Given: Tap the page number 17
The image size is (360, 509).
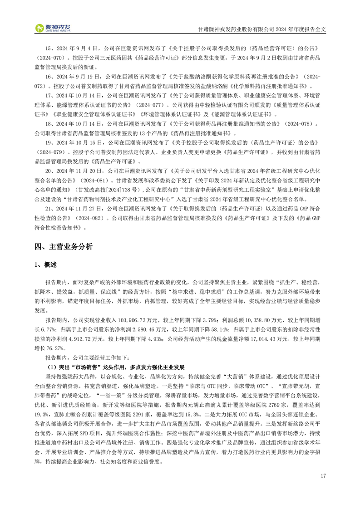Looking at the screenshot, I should tap(323, 476).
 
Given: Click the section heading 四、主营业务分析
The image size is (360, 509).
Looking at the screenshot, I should tap(63, 247).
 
